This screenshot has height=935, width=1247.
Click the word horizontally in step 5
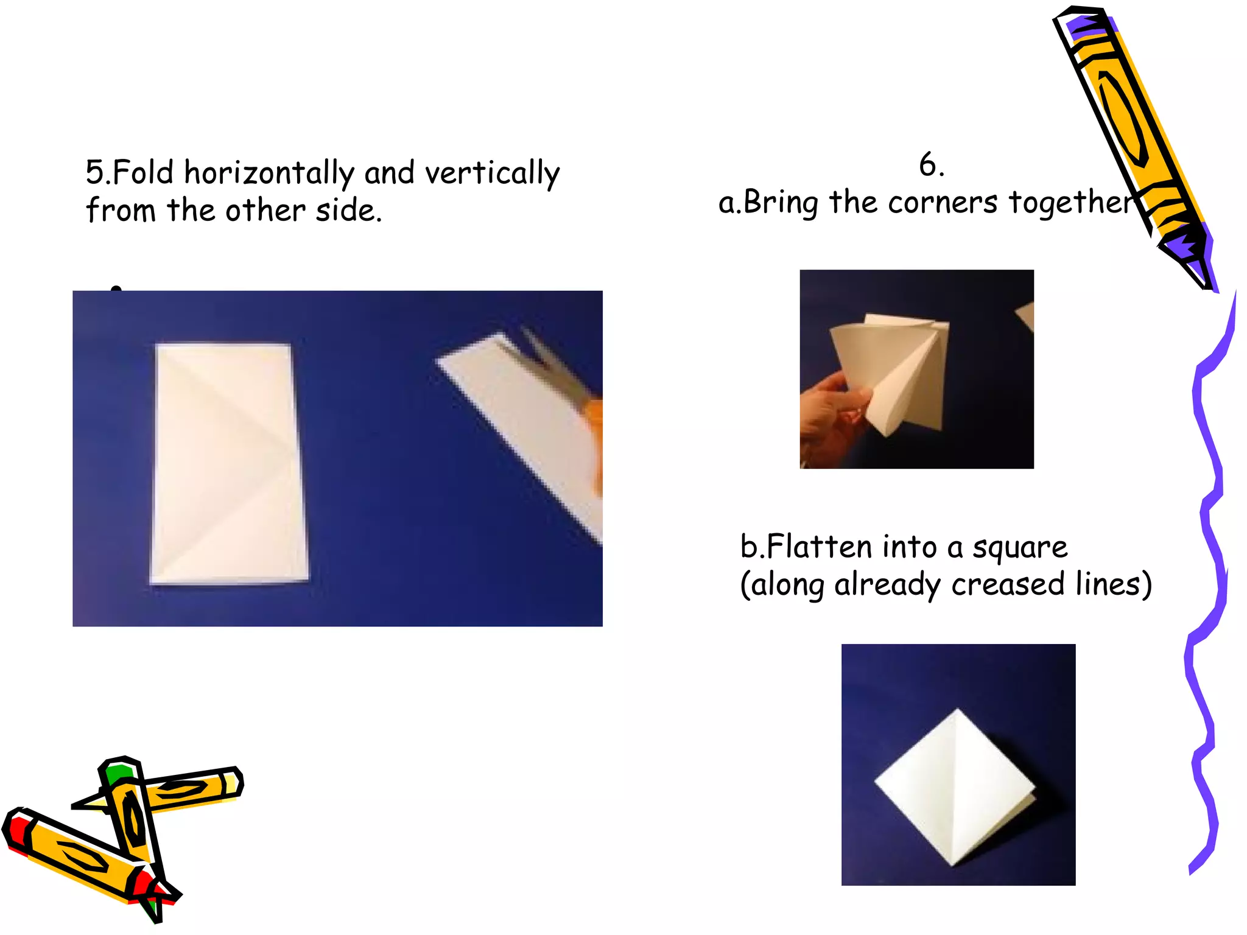coord(269,173)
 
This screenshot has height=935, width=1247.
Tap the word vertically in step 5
coord(492,173)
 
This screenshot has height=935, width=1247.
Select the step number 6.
coord(931,165)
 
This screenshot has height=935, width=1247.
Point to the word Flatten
coord(820,546)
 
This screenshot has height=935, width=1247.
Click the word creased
coord(1008,584)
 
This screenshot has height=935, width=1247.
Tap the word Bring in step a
coord(781,203)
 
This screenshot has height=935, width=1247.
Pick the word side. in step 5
coord(349,211)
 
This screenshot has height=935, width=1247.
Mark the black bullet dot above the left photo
coord(116,289)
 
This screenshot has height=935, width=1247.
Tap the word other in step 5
coord(264,211)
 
